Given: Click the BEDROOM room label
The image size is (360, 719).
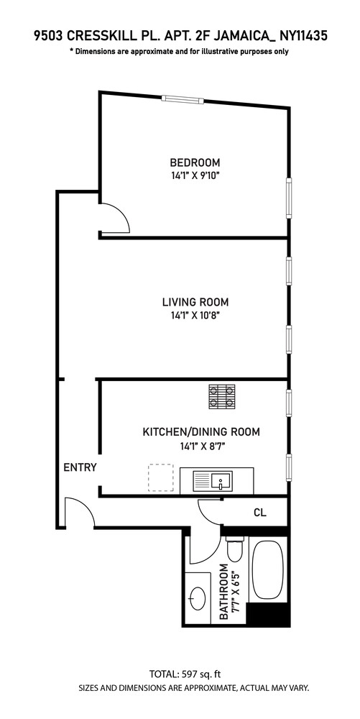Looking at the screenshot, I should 195,162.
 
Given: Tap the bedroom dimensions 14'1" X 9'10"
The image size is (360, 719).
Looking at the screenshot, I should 195,175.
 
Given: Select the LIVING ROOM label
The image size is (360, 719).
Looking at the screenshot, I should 195,302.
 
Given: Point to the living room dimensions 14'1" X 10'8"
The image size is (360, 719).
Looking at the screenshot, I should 195,315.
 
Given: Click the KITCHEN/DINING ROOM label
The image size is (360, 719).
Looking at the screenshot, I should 200,432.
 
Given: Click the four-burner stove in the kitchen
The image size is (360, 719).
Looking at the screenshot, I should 222,397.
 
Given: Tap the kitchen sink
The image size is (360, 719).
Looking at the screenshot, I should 216,480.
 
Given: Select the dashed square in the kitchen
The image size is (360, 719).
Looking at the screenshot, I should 161,477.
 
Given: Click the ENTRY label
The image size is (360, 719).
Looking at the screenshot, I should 80,467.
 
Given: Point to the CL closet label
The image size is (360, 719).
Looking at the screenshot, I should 260,513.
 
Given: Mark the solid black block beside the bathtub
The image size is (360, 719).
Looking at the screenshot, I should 268,614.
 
